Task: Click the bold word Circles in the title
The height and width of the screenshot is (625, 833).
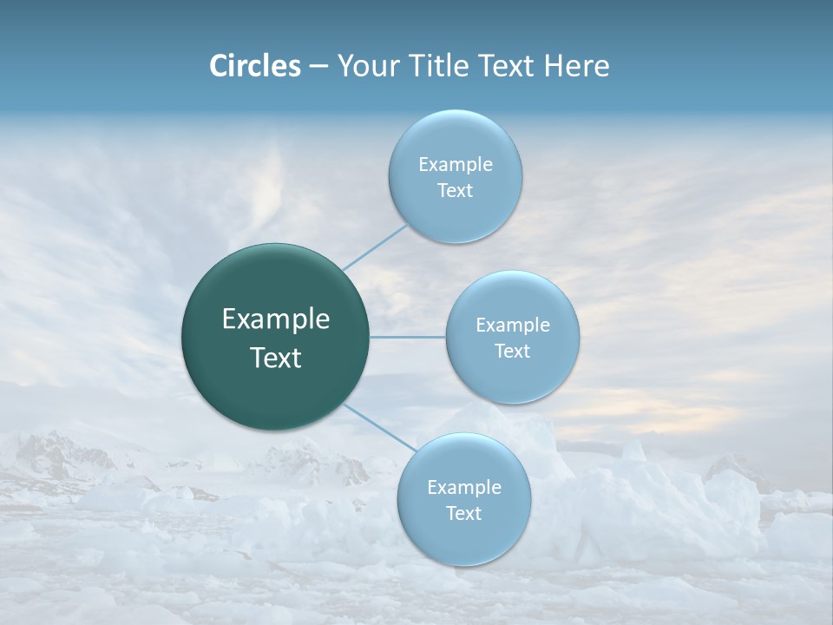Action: (255, 66)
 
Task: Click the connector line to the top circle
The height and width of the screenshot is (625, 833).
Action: (375, 247)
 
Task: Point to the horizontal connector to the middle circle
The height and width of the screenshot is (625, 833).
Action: (407, 337)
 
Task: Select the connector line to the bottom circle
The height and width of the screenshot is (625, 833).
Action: (379, 427)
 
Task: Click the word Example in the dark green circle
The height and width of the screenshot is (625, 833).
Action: (276, 319)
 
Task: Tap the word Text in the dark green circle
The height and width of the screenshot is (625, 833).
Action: (276, 358)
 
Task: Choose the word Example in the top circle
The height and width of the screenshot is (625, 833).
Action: (456, 165)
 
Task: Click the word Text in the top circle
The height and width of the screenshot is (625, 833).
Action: (455, 191)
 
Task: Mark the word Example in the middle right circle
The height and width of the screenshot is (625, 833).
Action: (513, 326)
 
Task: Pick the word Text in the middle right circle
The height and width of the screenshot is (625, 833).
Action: (512, 352)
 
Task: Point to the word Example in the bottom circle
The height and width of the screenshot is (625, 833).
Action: (464, 488)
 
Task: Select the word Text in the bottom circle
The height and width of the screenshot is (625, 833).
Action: (463, 514)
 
